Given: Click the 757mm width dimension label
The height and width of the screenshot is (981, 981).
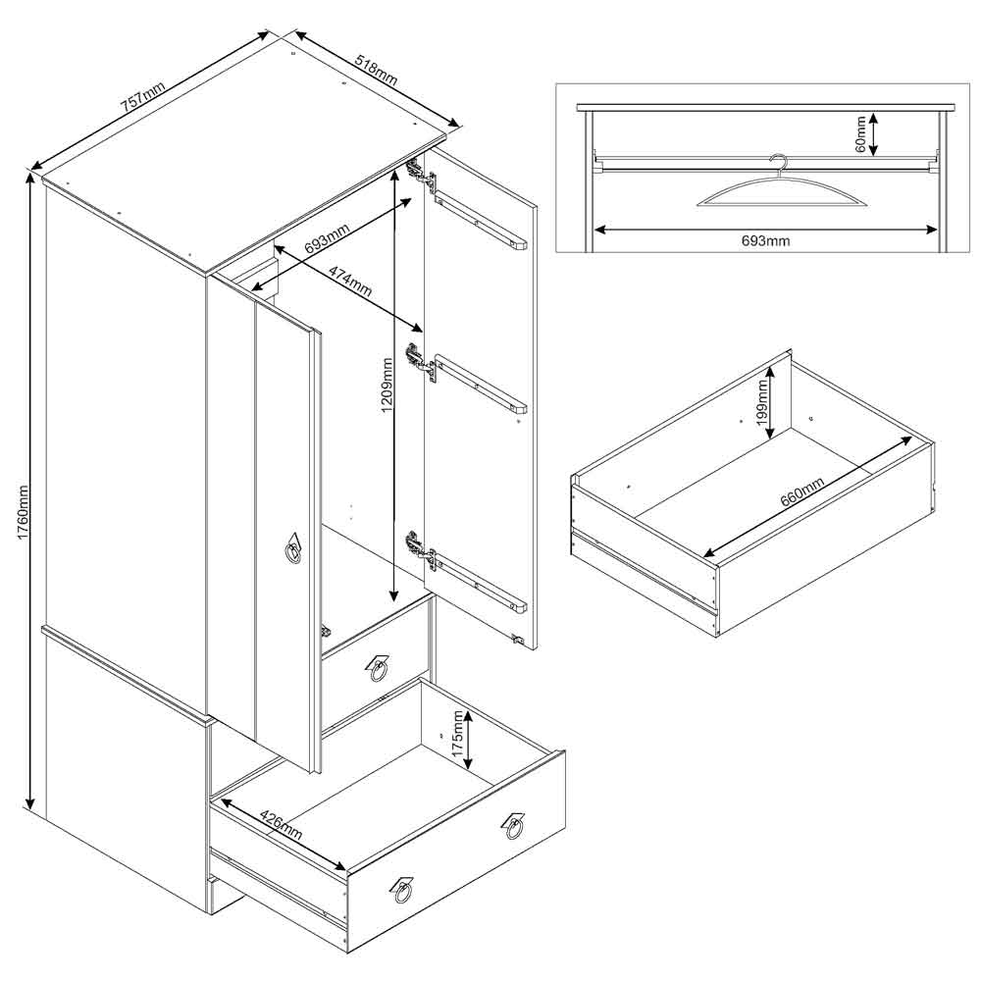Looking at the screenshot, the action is pos(143,97).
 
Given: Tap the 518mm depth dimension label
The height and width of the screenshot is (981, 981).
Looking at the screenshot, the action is pos(376,70).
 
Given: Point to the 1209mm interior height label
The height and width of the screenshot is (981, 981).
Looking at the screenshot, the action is pos(387,385).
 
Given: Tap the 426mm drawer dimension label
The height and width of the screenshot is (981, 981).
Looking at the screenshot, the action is pos(281,826).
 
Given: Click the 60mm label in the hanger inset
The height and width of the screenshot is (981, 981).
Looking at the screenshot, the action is pos(860,133).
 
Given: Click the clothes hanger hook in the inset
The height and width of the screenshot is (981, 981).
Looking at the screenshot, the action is pos(780,165).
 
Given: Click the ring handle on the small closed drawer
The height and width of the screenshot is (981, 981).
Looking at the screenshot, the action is pos(378,669).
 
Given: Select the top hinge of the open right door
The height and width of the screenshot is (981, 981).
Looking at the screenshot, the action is pos(422,175).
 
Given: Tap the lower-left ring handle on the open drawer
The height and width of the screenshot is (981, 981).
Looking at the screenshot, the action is pos(402,891).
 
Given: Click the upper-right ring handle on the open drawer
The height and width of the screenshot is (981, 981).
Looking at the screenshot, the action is pos(513,827).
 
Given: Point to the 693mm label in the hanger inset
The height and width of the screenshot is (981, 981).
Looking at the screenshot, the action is pos(765,241).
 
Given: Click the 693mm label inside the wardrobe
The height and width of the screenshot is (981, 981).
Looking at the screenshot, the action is pos(327,238).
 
